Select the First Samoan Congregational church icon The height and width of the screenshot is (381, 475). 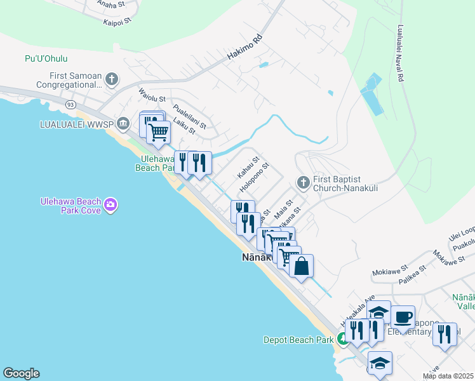point(112,79)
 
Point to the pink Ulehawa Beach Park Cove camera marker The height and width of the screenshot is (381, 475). point(110,204)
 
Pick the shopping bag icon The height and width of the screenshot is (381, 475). point(301,265)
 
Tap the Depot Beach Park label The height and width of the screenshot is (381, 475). point(298,340)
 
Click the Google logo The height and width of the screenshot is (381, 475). point(20,373)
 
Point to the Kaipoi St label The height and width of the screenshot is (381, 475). point(117,21)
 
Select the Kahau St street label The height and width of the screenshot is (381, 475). point(248,167)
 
